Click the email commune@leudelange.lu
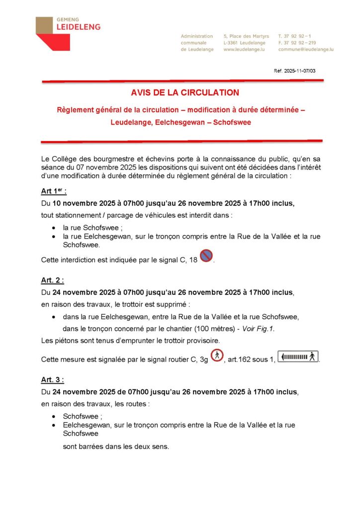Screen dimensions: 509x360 [x=306, y=50]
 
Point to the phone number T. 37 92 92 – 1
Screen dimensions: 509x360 [x=295, y=36]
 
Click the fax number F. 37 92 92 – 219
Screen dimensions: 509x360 [x=297, y=43]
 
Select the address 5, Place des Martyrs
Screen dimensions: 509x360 [x=246, y=36]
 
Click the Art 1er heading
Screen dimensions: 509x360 [x=54, y=191]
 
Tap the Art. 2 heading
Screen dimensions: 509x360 [x=53, y=280]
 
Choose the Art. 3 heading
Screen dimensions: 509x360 [x=53, y=380]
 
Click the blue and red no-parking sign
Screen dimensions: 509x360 [x=206, y=256]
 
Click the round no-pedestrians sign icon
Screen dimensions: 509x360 [x=217, y=355]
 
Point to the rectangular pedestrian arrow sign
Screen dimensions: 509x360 [x=298, y=356]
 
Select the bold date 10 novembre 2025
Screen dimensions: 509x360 [x=82, y=203]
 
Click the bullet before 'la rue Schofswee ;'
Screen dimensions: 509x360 [x=53, y=227]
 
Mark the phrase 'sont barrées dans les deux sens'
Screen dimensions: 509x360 [x=116, y=446]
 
